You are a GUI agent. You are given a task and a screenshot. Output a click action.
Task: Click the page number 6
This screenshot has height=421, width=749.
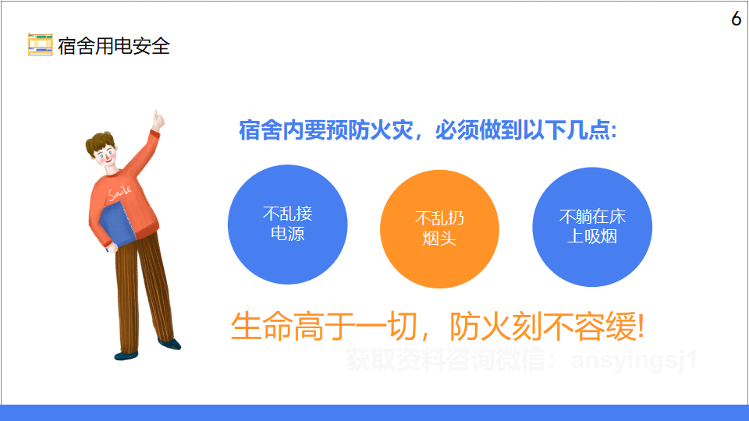tap(736, 19)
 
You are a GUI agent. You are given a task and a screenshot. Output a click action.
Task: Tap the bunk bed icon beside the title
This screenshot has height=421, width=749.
tap(40, 44)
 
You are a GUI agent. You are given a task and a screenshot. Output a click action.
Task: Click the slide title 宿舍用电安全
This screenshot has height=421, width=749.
tap(114, 46)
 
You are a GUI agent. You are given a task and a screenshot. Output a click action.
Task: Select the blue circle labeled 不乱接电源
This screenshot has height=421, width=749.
tap(288, 225)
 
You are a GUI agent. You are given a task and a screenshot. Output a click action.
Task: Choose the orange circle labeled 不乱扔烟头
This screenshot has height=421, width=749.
tap(439, 229)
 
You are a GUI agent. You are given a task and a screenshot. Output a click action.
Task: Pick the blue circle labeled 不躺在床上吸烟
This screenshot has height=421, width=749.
tap(592, 227)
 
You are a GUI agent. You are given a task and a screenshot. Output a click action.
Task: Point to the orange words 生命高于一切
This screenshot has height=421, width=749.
tap(325, 327)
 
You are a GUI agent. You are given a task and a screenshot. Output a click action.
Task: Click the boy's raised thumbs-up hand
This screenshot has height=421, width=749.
tap(157, 120)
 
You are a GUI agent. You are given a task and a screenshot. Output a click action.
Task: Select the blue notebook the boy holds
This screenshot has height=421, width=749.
tap(117, 225)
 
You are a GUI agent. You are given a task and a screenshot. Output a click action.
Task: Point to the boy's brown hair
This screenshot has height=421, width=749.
tap(100, 142)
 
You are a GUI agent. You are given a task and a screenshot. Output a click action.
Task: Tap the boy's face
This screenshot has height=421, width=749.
tap(105, 156)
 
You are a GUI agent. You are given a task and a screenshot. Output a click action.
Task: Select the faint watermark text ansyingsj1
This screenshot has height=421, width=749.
tap(634, 360)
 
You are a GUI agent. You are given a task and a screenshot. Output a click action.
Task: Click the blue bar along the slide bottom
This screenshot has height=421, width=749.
tap(374, 413)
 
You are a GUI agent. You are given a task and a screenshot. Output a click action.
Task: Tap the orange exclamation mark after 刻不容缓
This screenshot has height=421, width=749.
tap(641, 327)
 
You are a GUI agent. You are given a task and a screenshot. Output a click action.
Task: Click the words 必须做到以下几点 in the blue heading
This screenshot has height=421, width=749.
tap(526, 130)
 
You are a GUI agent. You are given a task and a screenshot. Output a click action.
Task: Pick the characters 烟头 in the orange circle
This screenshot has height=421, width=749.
tap(439, 238)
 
